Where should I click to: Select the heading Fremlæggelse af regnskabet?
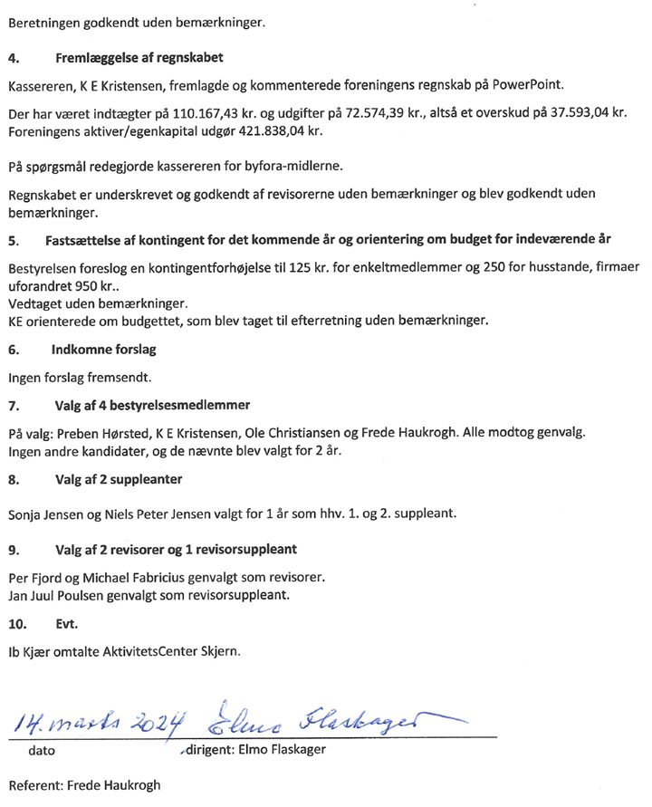coord(139,59)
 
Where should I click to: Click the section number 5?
coord(12,242)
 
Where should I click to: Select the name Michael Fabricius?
coord(142,576)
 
